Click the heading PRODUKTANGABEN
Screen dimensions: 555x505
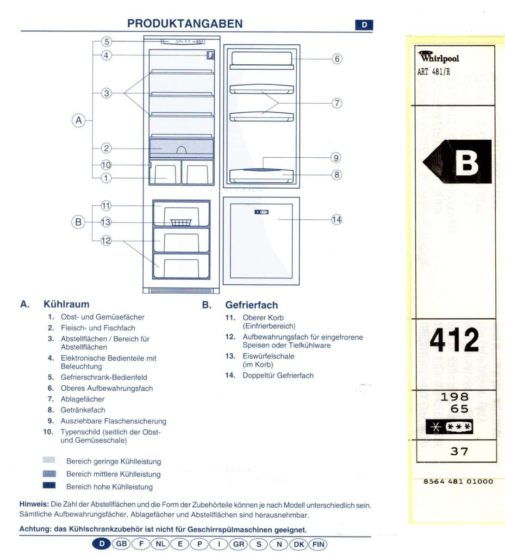click(185, 24)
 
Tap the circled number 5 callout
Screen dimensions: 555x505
click(106, 42)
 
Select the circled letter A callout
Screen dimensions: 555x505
click(79, 121)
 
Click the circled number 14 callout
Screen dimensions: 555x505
click(337, 219)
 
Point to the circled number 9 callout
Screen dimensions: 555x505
click(337, 158)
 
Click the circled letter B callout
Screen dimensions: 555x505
click(78, 222)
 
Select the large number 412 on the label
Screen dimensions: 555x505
click(454, 340)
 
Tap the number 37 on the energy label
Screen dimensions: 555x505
click(459, 451)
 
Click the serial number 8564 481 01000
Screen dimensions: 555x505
click(458, 481)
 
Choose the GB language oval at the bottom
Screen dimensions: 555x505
click(121, 544)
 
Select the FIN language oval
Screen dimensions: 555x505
click(318, 544)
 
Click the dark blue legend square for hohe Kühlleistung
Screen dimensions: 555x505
click(49, 485)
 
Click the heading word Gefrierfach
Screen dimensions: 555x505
click(251, 305)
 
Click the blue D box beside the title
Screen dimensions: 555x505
click(364, 25)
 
